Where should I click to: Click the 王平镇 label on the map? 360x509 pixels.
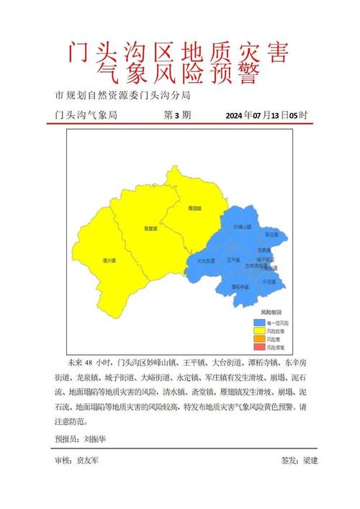point(233,258)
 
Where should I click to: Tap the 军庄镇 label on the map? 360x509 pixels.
point(271,234)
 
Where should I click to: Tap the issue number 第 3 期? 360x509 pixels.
point(177,115)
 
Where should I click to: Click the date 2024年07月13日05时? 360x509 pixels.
point(266,115)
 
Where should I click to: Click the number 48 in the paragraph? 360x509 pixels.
point(90,361)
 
